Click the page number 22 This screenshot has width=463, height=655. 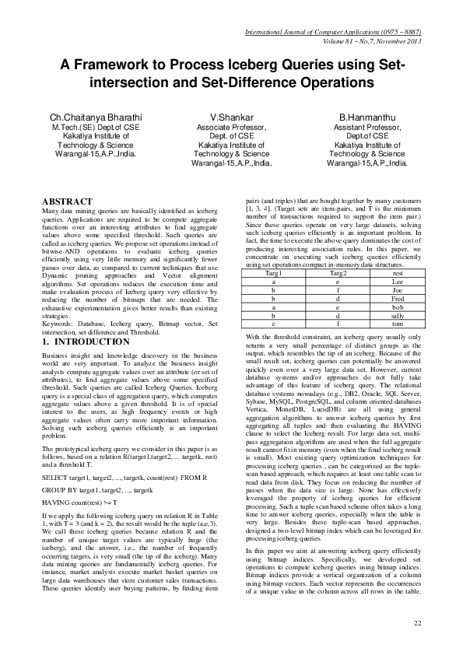tap(417, 622)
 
